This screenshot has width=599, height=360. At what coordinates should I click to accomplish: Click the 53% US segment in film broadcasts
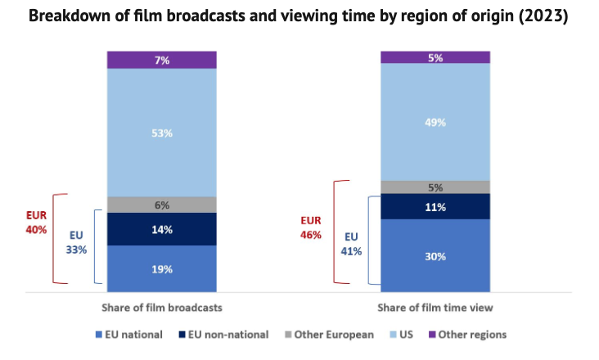tap(162, 133)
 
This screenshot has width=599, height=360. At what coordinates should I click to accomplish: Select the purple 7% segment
tap(162, 60)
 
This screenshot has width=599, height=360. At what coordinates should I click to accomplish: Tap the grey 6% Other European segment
tap(162, 205)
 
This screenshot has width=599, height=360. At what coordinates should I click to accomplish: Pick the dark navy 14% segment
tap(162, 229)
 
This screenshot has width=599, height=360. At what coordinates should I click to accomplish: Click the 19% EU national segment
tap(162, 268)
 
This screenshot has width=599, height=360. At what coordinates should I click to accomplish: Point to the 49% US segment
tap(435, 122)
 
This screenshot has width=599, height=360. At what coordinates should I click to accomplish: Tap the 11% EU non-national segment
tap(435, 207)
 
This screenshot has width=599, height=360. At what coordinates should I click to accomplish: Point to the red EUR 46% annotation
tap(310, 227)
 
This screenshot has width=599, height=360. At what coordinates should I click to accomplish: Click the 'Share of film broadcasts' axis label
tap(161, 308)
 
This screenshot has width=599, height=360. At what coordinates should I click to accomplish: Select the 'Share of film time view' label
tap(435, 308)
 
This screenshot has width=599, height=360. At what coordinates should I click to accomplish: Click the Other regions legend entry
tap(466, 334)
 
